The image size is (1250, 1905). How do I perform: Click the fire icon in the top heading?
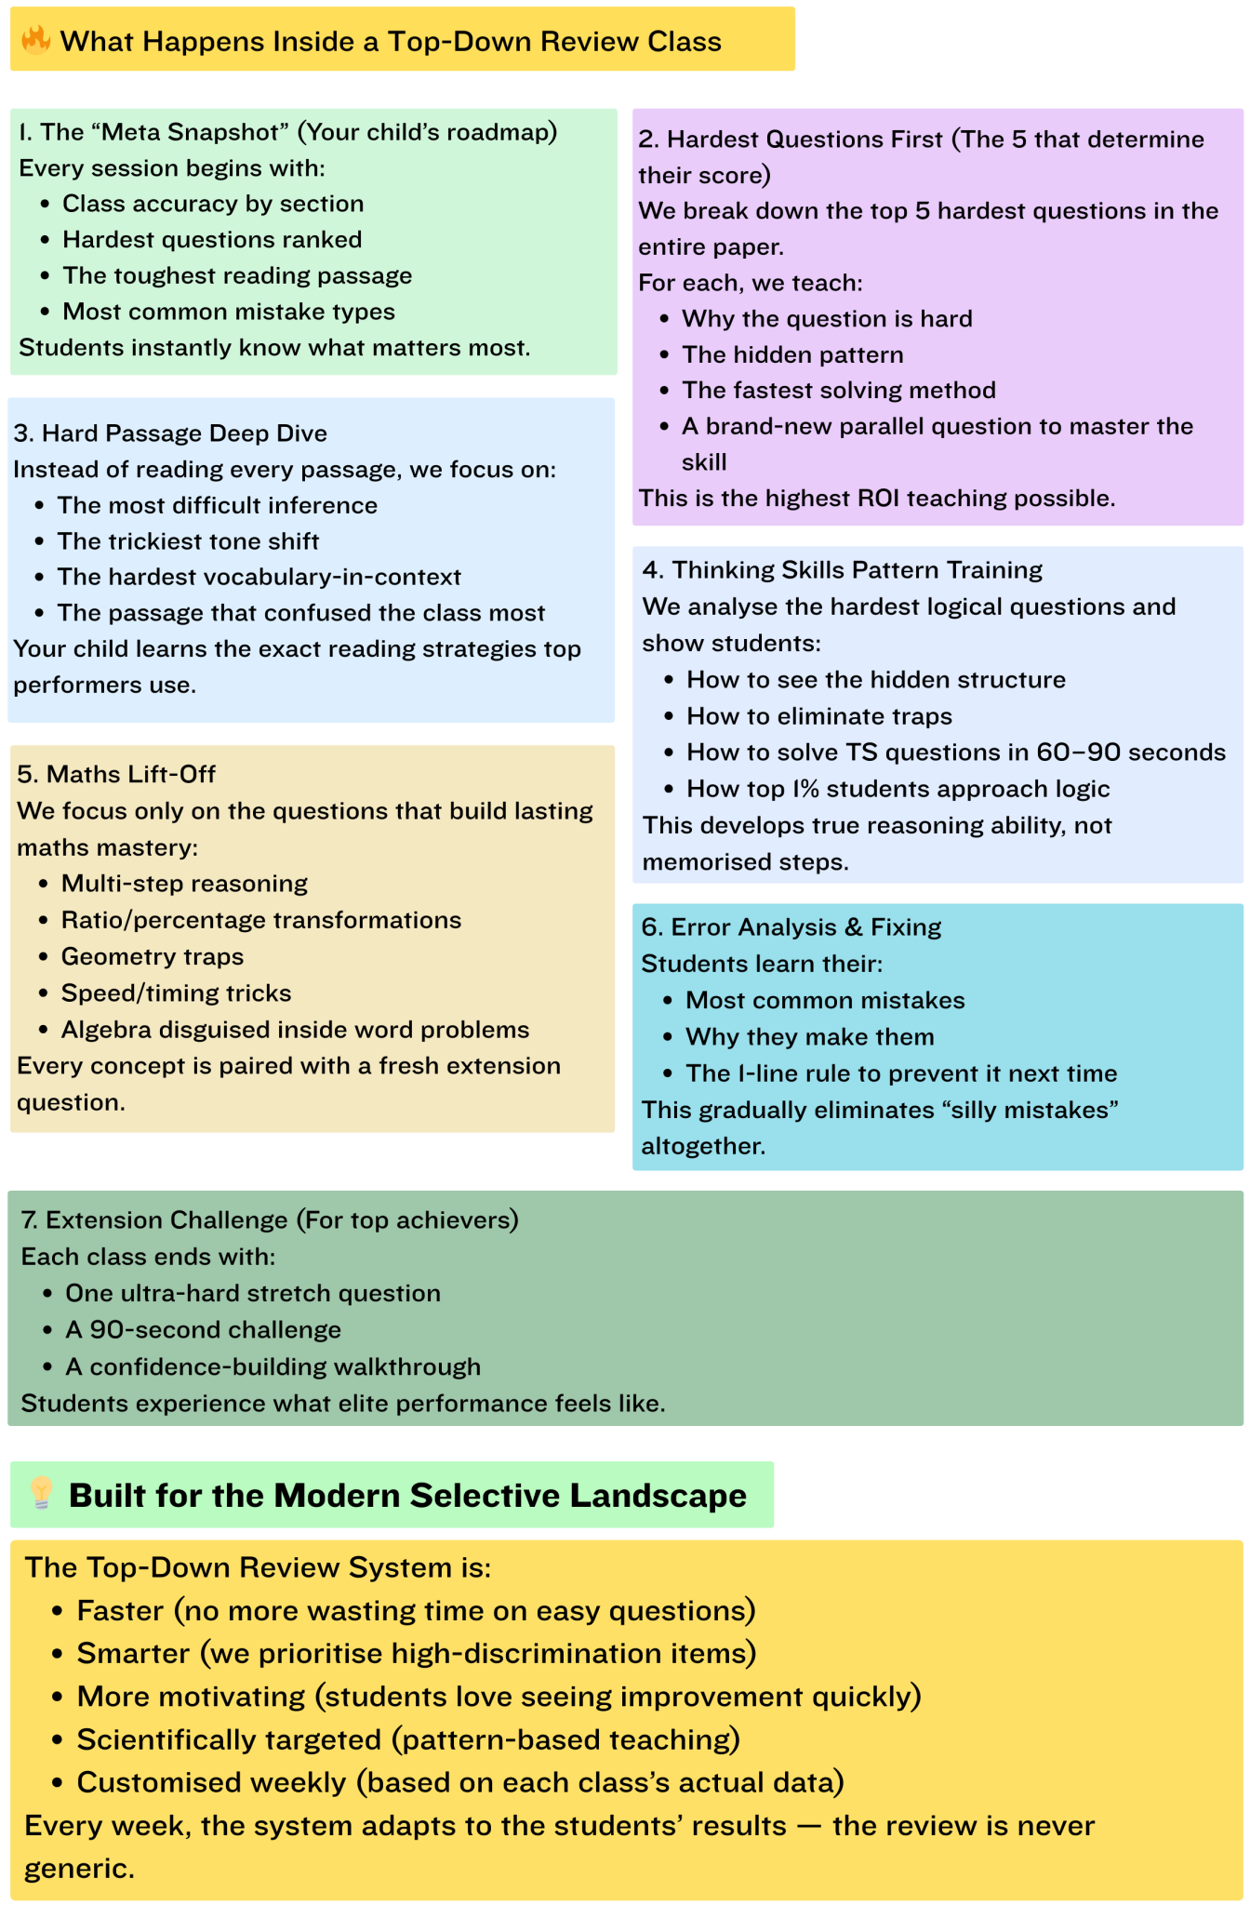(36, 40)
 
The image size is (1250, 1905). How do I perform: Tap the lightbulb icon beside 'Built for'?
(41, 1493)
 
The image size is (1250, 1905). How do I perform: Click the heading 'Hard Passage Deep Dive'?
(184, 433)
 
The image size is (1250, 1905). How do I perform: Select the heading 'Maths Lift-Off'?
(131, 774)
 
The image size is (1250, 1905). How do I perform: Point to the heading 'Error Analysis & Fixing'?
(805, 926)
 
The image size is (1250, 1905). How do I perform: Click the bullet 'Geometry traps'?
(153, 956)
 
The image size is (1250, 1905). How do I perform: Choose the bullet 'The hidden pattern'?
(792, 354)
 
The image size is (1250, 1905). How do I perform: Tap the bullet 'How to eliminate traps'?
(819, 716)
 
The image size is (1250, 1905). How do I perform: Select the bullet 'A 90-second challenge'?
(203, 1329)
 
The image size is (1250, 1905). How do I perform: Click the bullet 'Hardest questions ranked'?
(212, 239)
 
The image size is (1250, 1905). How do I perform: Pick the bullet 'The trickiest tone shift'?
(188, 541)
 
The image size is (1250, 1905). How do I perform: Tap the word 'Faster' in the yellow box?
(120, 1610)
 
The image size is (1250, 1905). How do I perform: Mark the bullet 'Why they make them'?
(809, 1036)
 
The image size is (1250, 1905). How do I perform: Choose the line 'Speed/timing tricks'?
(176, 993)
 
